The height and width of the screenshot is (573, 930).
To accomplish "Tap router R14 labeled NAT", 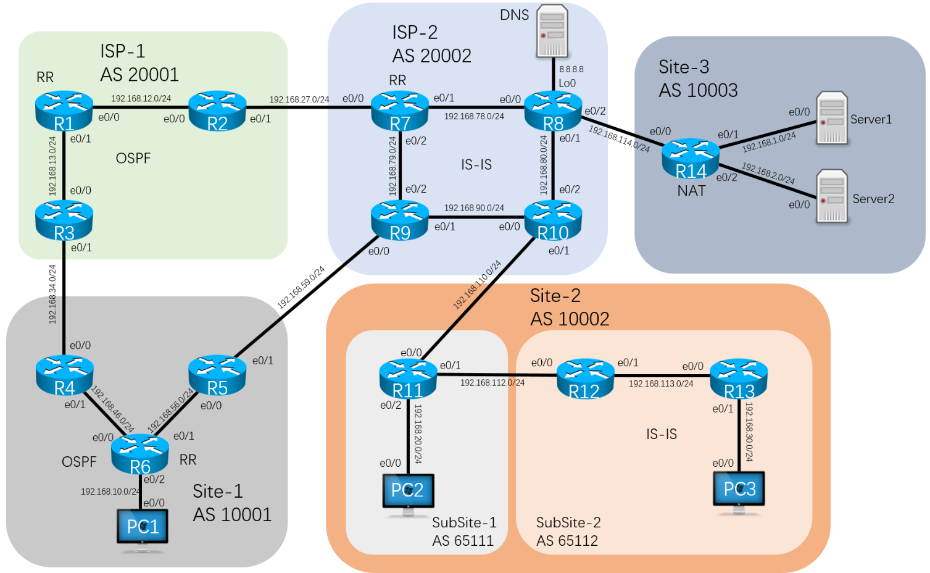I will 691,158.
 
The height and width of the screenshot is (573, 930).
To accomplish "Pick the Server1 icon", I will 831,119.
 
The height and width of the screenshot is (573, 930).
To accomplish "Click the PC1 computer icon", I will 143,528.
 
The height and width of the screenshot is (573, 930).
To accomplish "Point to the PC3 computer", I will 739,491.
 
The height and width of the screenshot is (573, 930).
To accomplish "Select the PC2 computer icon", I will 407,493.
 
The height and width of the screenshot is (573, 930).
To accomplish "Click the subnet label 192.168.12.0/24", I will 141,98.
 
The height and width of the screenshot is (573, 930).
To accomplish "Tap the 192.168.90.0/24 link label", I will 474,208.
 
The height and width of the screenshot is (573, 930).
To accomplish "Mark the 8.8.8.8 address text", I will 571,70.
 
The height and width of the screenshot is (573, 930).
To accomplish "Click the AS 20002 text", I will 432,56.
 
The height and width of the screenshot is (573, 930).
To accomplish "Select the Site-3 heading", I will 684,67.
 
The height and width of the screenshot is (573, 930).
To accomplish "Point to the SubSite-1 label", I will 464,522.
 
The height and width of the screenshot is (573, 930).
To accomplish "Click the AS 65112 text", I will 567,541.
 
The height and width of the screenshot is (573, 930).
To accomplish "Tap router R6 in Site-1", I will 140,453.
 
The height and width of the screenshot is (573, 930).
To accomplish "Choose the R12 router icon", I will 585,378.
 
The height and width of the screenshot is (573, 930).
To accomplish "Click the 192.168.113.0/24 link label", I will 661,383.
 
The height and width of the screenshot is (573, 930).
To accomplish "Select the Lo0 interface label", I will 567,83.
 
